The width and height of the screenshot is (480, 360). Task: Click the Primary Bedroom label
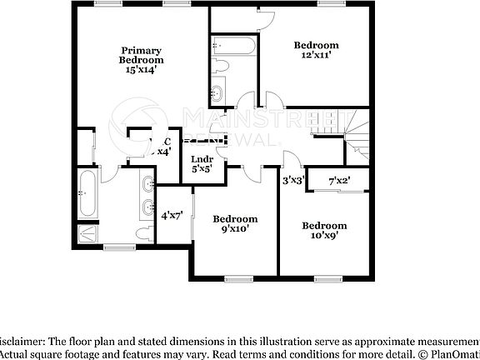click(141, 55)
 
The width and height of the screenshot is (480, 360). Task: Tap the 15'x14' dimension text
click(141, 70)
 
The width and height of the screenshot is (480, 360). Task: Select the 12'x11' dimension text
click(317, 55)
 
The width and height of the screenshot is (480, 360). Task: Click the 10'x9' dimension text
click(324, 235)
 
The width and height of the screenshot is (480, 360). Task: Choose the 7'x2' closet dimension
click(338, 180)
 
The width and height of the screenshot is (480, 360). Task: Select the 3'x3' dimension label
click(291, 180)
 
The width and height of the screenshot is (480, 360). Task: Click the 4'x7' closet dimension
click(172, 214)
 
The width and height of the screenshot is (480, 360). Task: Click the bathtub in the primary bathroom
click(87, 193)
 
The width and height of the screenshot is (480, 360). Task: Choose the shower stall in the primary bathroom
click(87, 234)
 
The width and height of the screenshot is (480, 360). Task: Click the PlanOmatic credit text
click(454, 353)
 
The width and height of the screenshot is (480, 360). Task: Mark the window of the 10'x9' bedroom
click(327, 277)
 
